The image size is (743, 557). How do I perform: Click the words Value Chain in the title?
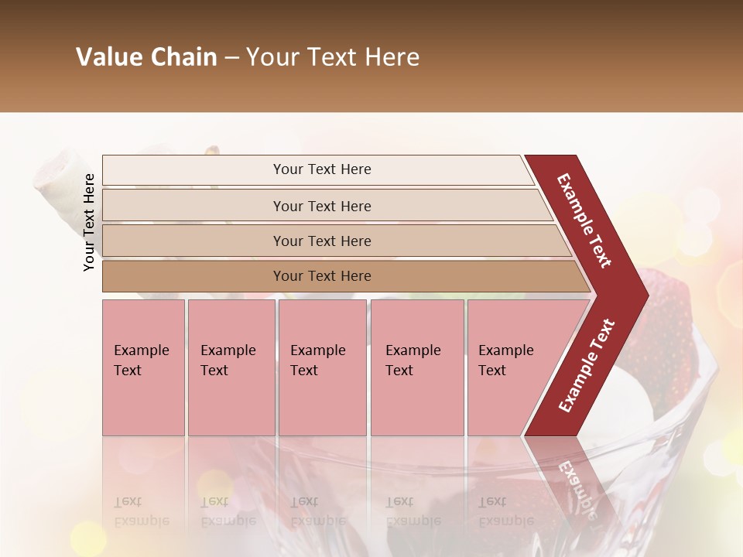[146, 57]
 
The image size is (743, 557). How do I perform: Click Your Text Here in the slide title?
[333, 57]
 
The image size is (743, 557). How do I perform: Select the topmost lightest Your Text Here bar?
[321, 169]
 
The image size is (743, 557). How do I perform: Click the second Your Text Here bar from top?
[321, 206]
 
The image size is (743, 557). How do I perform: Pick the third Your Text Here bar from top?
[321, 241]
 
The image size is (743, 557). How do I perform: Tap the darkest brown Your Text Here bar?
[321, 276]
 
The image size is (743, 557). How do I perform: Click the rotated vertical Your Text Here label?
[89, 222]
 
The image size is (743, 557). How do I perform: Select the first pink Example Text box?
[143, 367]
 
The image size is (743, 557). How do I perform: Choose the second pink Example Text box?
[231, 367]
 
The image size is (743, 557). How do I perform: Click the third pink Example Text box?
[322, 367]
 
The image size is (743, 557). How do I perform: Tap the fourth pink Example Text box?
[416, 367]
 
